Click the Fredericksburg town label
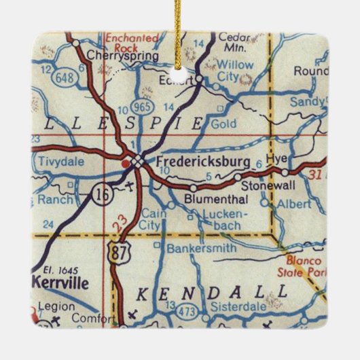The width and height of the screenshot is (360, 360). point(203,162)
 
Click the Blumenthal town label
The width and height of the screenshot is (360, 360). point(217,200)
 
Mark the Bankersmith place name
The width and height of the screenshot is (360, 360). point(202,249)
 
